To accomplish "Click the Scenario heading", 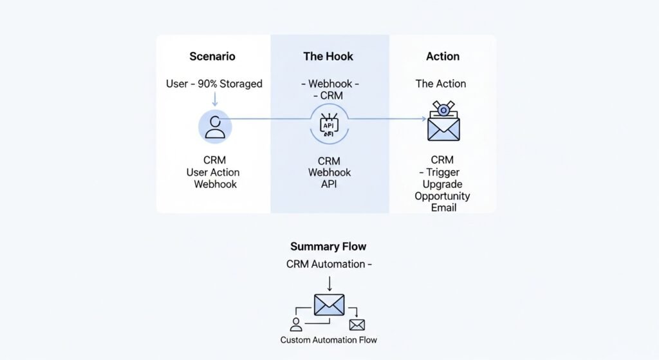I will [212, 56].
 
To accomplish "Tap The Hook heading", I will [328, 56].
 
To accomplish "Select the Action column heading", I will [443, 56].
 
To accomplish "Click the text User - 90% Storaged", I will [214, 84].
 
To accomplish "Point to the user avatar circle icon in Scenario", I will [215, 126].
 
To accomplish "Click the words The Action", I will [441, 84].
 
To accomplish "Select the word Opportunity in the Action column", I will [442, 196].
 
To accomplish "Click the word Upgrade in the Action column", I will [442, 184].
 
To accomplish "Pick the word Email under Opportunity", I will [444, 207].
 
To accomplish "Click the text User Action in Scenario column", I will [213, 172].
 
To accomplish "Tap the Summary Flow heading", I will [328, 247].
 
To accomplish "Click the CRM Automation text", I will [326, 264].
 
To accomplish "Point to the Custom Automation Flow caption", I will [329, 339].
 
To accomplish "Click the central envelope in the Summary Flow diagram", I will [329, 305].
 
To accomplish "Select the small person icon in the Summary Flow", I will [296, 324].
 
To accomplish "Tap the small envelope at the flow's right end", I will [357, 325].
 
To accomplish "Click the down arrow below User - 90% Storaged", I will [215, 99].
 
